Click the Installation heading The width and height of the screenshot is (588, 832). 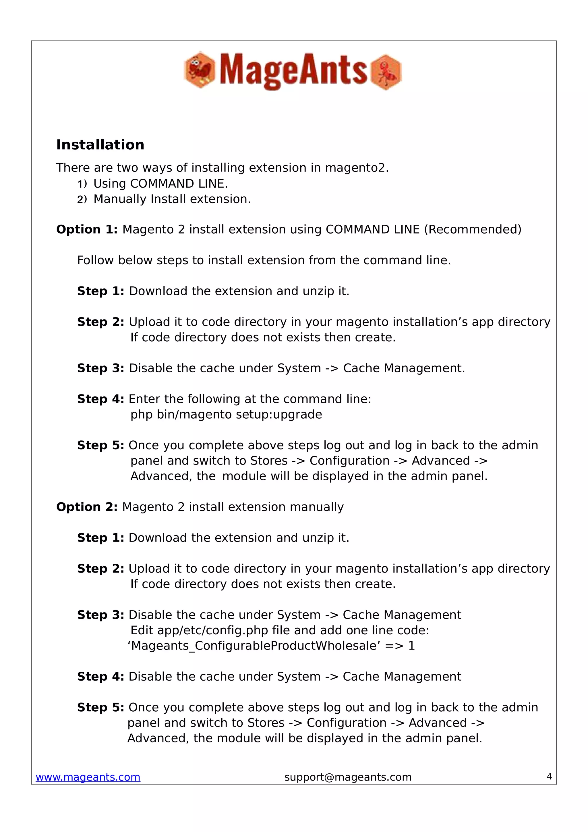pyautogui.click(x=100, y=145)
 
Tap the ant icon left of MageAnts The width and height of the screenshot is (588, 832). pyautogui.click(x=200, y=70)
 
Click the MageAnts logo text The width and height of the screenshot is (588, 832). pyautogui.click(x=293, y=70)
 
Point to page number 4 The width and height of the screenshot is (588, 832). pyautogui.click(x=549, y=776)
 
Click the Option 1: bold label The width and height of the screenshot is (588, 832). pyautogui.click(x=87, y=229)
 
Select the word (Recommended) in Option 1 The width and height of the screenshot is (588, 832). pyautogui.click(x=473, y=229)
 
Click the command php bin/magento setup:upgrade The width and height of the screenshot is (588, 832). pyautogui.click(x=226, y=414)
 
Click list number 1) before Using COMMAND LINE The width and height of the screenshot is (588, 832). pyautogui.click(x=82, y=184)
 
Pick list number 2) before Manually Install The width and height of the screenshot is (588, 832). pyautogui.click(x=82, y=199)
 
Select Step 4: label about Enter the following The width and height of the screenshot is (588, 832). pyautogui.click(x=101, y=399)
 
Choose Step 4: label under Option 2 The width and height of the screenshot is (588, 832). pyautogui.click(x=101, y=676)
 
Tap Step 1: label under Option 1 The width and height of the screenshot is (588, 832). pyautogui.click(x=101, y=291)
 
